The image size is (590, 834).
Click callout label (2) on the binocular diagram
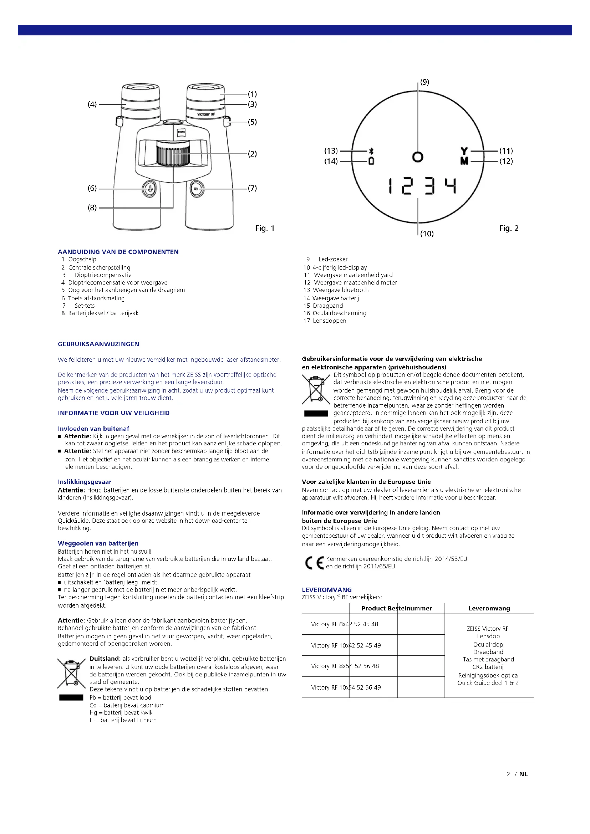(x=252, y=154)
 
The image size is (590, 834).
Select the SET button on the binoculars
(x=197, y=189)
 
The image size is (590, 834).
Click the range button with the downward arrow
(x=149, y=189)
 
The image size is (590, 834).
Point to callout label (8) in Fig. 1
(x=92, y=208)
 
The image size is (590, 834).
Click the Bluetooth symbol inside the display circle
(x=371, y=151)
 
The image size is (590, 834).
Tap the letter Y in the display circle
(x=464, y=151)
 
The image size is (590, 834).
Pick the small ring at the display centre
(x=418, y=157)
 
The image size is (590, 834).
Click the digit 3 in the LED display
(x=430, y=186)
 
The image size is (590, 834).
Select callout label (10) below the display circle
(x=427, y=234)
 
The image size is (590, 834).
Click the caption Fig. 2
(x=509, y=228)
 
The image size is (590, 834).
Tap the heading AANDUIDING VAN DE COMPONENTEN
(x=118, y=252)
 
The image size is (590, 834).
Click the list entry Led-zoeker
(x=333, y=259)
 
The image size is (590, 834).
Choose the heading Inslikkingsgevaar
(x=85, y=482)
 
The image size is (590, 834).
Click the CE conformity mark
(x=314, y=563)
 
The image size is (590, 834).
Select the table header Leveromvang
(x=489, y=608)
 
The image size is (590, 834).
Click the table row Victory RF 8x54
(x=345, y=666)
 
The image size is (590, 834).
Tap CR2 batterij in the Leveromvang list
(x=488, y=667)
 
